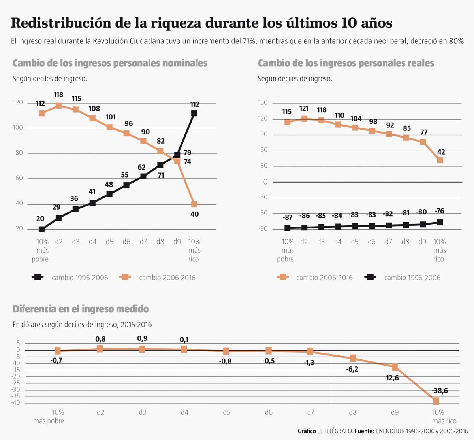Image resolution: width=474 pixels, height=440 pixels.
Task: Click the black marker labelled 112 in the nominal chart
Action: point(194,113)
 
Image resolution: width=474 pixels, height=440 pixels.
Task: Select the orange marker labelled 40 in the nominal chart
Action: point(194,204)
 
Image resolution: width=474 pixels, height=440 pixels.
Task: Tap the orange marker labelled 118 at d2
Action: point(58,106)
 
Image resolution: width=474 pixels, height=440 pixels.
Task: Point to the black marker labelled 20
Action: point(41,229)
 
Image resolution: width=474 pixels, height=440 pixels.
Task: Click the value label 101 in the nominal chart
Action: point(110,117)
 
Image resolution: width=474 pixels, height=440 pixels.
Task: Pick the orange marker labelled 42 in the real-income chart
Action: point(440,160)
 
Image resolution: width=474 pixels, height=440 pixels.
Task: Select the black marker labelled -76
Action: point(440,223)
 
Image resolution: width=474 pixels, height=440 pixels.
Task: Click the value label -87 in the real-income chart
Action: point(287,218)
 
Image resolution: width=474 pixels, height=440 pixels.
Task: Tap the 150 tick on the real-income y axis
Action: point(263,102)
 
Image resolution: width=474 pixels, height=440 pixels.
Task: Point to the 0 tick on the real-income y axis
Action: point(265,182)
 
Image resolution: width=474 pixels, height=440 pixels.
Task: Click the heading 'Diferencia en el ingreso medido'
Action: point(81,309)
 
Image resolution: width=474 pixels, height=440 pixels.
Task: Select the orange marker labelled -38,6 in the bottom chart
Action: point(436,401)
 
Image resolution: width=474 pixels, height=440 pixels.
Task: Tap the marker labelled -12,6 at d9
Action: point(395,367)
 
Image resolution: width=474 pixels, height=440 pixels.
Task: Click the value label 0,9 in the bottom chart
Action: point(142,338)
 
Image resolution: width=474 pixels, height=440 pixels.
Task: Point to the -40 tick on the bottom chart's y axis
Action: point(16,403)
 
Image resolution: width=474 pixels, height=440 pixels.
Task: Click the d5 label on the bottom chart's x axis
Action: point(226,412)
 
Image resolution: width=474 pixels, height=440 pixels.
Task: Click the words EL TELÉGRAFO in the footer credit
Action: point(335,431)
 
